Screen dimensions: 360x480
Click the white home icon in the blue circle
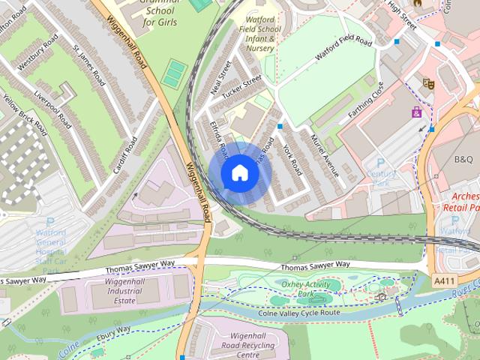point(239,173)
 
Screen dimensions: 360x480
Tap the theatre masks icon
point(428,83)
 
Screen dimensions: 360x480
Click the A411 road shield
point(444,280)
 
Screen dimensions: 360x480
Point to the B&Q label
point(464,159)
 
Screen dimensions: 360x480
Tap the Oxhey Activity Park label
point(305,289)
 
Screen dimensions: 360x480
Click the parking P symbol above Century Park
point(380,163)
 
